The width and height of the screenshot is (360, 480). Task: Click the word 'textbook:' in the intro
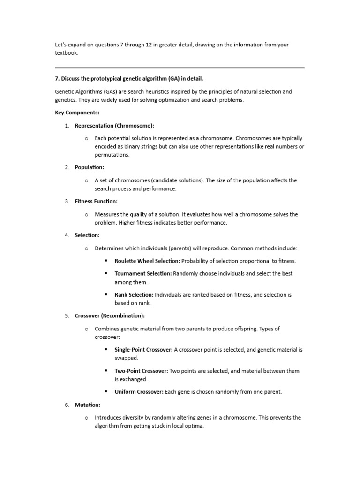tap(67, 53)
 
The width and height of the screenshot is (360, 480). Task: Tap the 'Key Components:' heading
tap(77, 113)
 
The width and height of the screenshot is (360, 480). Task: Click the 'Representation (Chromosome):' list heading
tap(114, 126)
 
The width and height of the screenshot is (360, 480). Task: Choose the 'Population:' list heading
tap(90, 167)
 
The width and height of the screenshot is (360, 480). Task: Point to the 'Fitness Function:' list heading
tap(96, 201)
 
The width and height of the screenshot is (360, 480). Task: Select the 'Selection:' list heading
tap(87, 235)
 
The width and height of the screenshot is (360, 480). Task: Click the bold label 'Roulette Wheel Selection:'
tap(147, 261)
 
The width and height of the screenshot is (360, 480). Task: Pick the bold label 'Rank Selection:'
tap(134, 295)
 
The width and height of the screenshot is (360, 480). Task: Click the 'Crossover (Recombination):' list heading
tap(110, 316)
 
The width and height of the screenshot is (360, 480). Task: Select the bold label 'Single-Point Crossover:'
tap(143, 350)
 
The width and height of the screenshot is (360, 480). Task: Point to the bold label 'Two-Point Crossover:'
tap(141, 371)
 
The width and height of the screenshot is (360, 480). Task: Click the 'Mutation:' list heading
tap(88, 405)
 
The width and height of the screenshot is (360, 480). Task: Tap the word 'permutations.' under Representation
tap(112, 155)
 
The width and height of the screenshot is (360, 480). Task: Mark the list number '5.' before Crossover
tap(67, 316)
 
